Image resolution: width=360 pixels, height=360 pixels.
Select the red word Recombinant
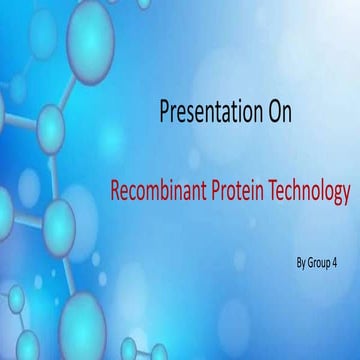pos(158,189)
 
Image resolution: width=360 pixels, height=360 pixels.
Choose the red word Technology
pos(307,189)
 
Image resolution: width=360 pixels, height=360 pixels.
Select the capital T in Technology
pos(272,188)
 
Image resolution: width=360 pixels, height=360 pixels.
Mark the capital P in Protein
pos(214,188)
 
